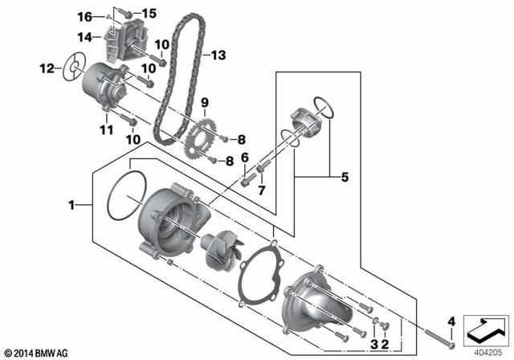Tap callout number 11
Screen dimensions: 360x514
pos(104,129)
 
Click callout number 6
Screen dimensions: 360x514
pos(245,157)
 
